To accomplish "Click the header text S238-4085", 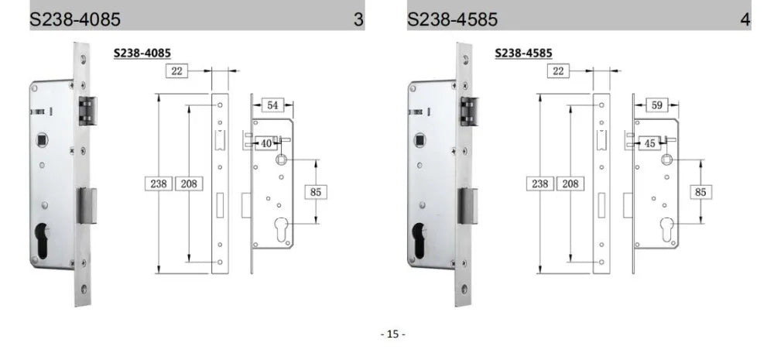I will tap(75, 19).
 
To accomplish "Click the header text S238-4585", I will tap(453, 19).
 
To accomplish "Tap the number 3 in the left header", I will tap(358, 19).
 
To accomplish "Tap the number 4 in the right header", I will tap(745, 19).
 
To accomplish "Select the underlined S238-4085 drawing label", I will tap(142, 53).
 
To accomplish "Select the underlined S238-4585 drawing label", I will tap(524, 53).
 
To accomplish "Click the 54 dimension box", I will tap(273, 105).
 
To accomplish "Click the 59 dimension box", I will tap(655, 105).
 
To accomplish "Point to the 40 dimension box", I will tap(265, 143).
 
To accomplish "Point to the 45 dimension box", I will tap(649, 143).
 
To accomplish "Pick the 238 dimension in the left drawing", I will tap(159, 183).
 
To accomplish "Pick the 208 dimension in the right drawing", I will tap(569, 183).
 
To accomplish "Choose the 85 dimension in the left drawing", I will tap(314, 190).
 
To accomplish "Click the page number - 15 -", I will tap(392, 334).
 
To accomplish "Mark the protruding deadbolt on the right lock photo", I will tap(469, 204).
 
